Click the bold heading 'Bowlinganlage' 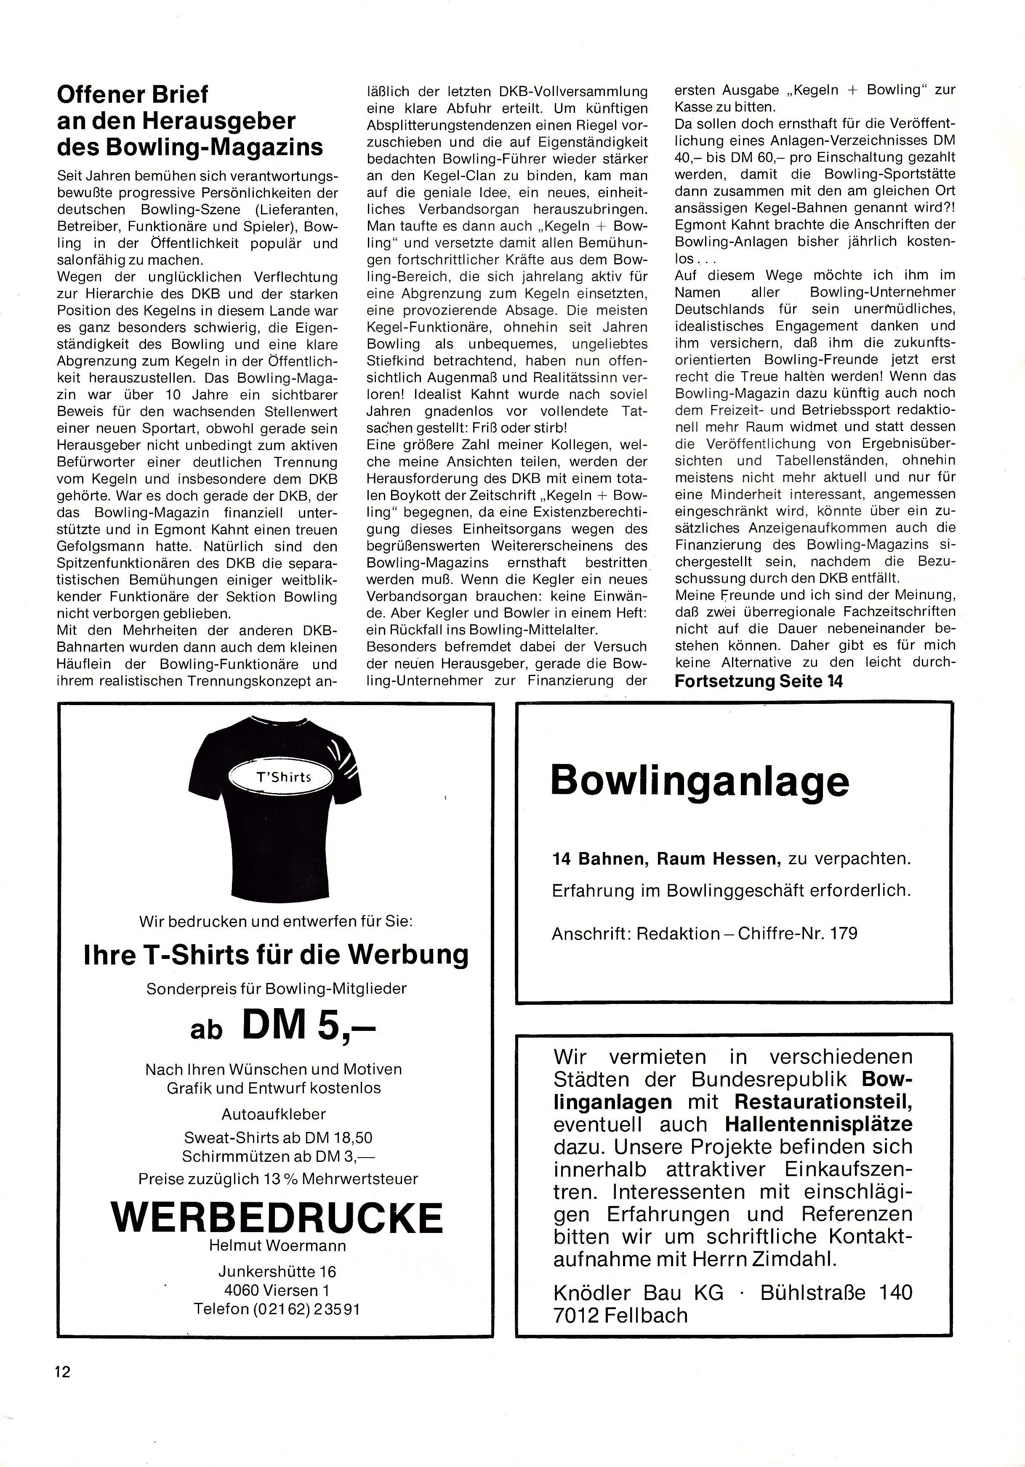click(x=700, y=781)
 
